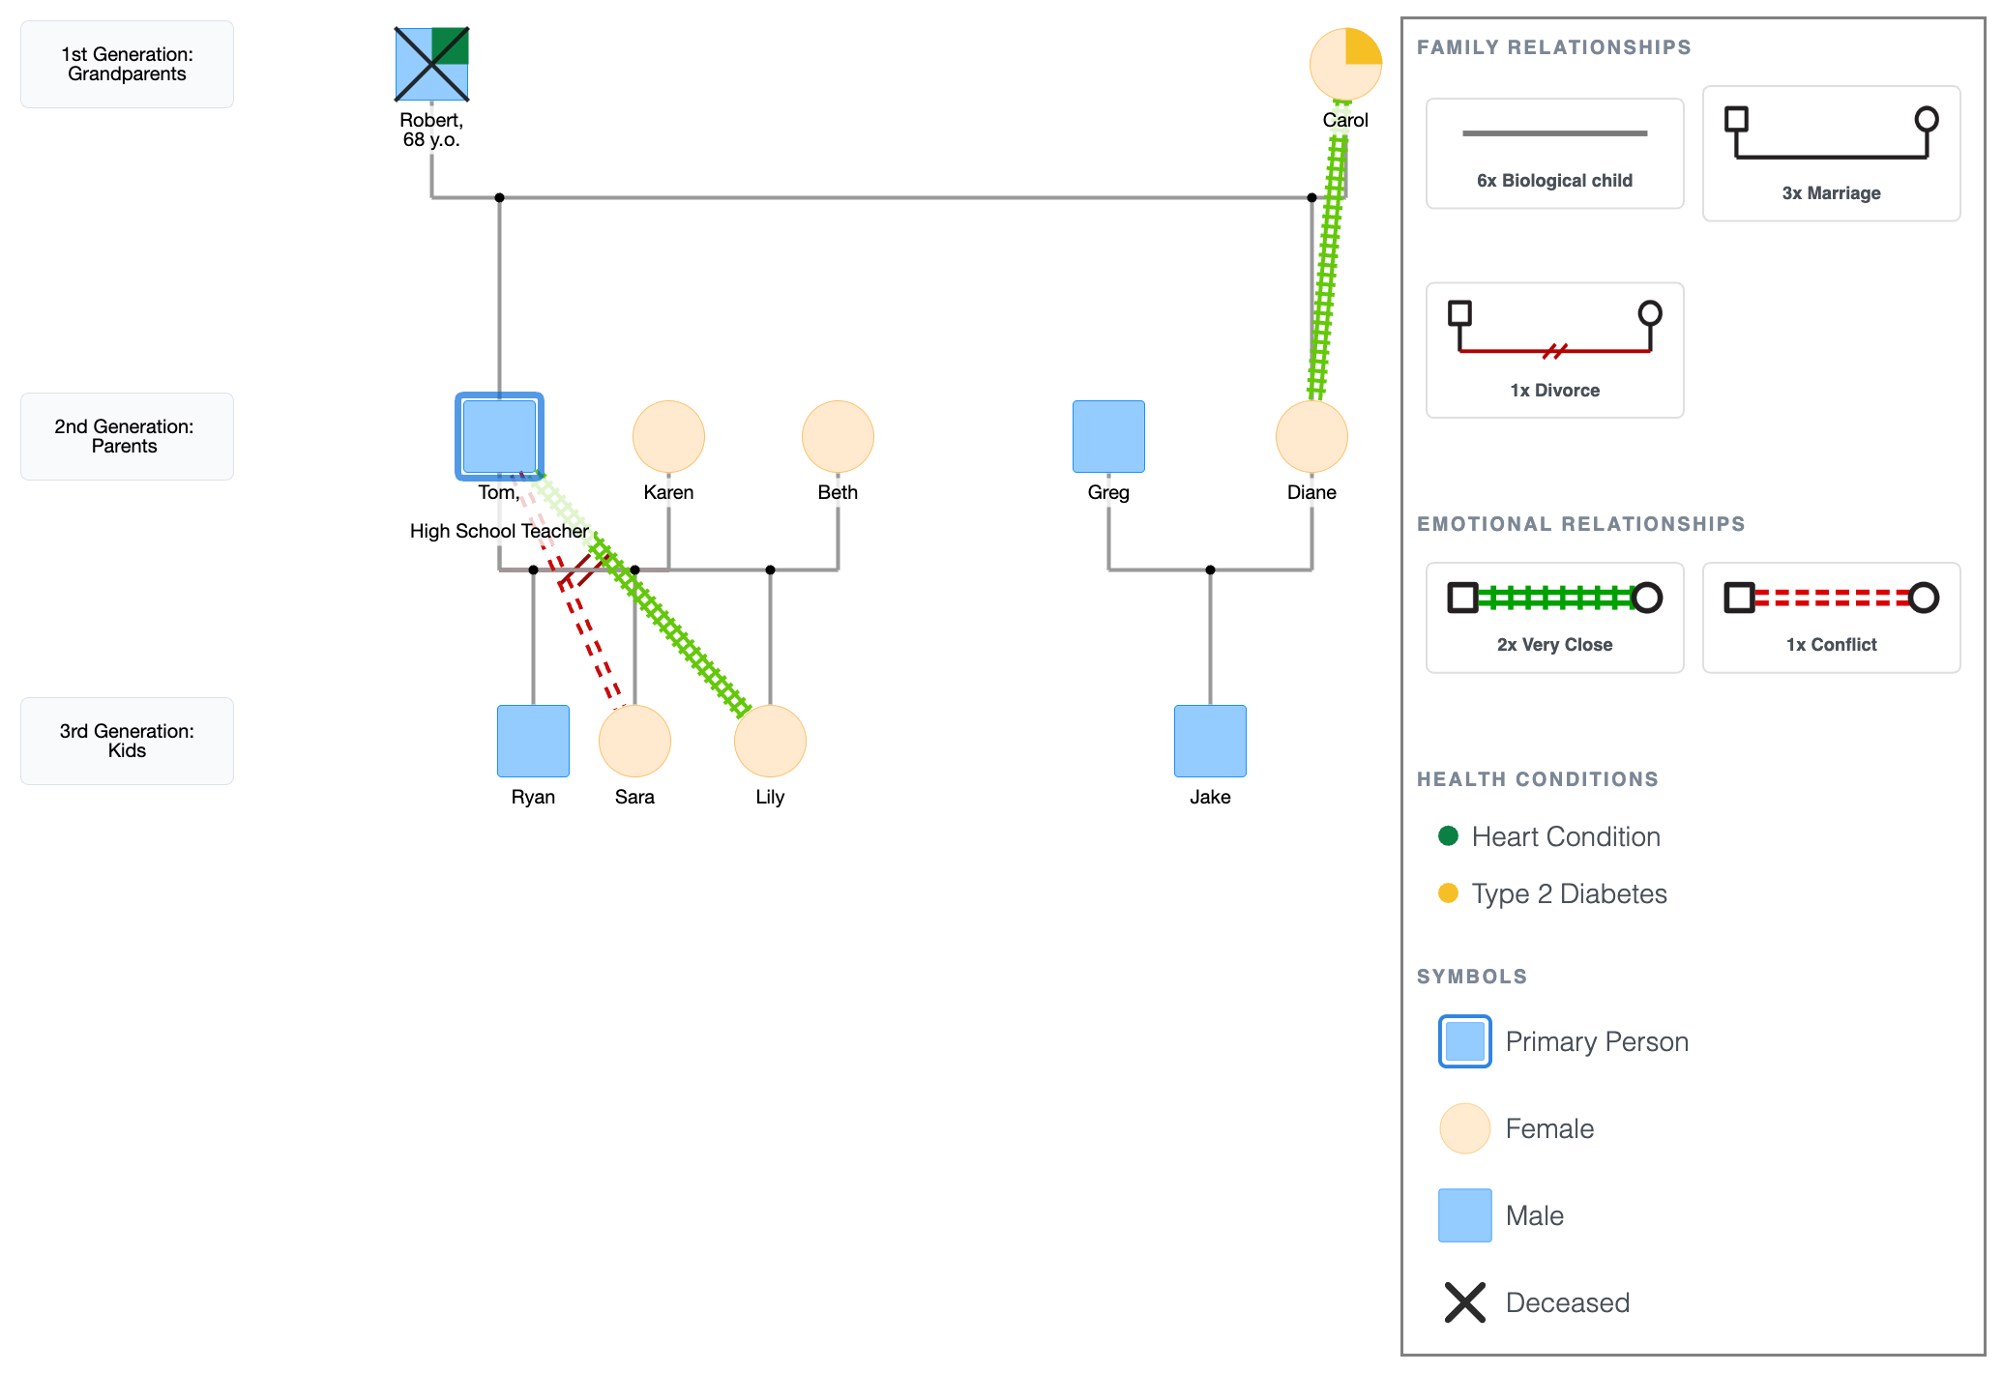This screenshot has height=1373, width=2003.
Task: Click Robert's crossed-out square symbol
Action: click(x=431, y=65)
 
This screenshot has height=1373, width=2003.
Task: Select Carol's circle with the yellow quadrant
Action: click(x=1345, y=65)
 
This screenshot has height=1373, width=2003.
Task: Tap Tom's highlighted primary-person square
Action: click(x=499, y=436)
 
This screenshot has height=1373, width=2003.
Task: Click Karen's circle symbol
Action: click(x=668, y=436)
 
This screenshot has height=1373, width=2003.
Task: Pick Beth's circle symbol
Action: click(x=838, y=436)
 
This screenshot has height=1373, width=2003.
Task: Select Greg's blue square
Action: click(x=1108, y=436)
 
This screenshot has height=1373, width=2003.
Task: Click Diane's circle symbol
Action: click(x=1311, y=436)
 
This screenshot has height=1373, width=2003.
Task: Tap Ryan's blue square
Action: click(x=533, y=741)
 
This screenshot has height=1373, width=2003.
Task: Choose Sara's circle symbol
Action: click(x=634, y=741)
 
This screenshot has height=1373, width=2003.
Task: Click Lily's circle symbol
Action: click(x=770, y=741)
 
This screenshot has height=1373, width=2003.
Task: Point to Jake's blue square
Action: click(x=1210, y=741)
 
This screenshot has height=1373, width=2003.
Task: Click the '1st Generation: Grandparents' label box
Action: click(x=127, y=65)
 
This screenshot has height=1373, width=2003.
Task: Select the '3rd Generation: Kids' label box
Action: click(x=127, y=741)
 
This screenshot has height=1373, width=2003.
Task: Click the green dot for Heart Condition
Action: click(x=1448, y=835)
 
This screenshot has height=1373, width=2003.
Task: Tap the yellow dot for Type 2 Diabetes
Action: click(x=1448, y=892)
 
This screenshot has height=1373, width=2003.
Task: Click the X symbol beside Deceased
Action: click(x=1464, y=1302)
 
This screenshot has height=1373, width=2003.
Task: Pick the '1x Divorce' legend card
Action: click(x=1554, y=350)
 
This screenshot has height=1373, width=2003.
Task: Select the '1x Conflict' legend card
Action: click(x=1831, y=617)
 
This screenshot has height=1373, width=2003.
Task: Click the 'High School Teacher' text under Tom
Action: click(x=499, y=531)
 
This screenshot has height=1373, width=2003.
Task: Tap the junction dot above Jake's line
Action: click(x=1210, y=570)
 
